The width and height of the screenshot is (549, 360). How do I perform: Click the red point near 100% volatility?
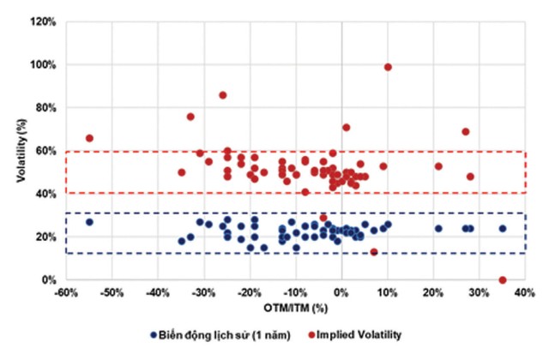(x=388, y=67)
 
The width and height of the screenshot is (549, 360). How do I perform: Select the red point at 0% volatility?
(x=503, y=280)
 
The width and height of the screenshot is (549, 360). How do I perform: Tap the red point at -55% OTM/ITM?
(x=89, y=138)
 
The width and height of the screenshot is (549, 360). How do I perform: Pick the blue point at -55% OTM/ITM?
(x=89, y=222)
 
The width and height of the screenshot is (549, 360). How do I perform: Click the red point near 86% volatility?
(x=223, y=95)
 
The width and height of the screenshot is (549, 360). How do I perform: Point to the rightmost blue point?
(x=503, y=229)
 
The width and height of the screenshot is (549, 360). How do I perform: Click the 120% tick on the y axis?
(x=45, y=21)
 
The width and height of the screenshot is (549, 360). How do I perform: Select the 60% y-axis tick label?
(x=47, y=151)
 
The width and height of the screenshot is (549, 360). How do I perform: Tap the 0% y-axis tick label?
(x=51, y=280)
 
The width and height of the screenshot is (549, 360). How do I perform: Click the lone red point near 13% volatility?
(x=374, y=252)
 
